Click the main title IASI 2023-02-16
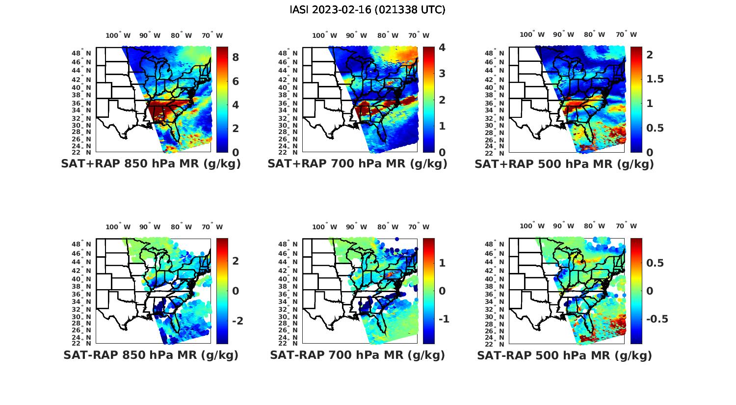368,10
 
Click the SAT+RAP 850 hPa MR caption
151,164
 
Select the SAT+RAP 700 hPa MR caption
357,164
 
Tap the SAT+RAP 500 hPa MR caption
564,164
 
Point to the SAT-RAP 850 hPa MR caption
151,355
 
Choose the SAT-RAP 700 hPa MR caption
357,355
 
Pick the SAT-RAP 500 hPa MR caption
564,355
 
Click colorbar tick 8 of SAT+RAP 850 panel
236,57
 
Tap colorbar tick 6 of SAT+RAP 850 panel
236,81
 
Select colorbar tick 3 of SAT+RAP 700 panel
442,74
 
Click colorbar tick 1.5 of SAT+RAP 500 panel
656,79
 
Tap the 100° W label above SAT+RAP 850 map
118,35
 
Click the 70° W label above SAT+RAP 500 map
627,34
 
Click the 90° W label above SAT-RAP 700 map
356,227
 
